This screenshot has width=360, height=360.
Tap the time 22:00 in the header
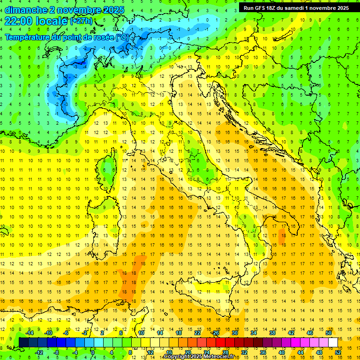[x=19, y=21]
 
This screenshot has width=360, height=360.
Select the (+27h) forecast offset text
[x=81, y=21]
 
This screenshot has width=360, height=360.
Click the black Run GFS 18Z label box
[x=296, y=8]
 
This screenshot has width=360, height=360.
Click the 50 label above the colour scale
[x=328, y=333]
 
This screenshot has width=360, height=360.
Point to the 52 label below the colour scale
[x=338, y=352]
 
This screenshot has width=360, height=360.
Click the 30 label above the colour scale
[x=234, y=333]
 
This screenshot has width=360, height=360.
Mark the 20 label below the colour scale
[x=187, y=352]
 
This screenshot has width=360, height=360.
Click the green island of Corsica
[x=110, y=166]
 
